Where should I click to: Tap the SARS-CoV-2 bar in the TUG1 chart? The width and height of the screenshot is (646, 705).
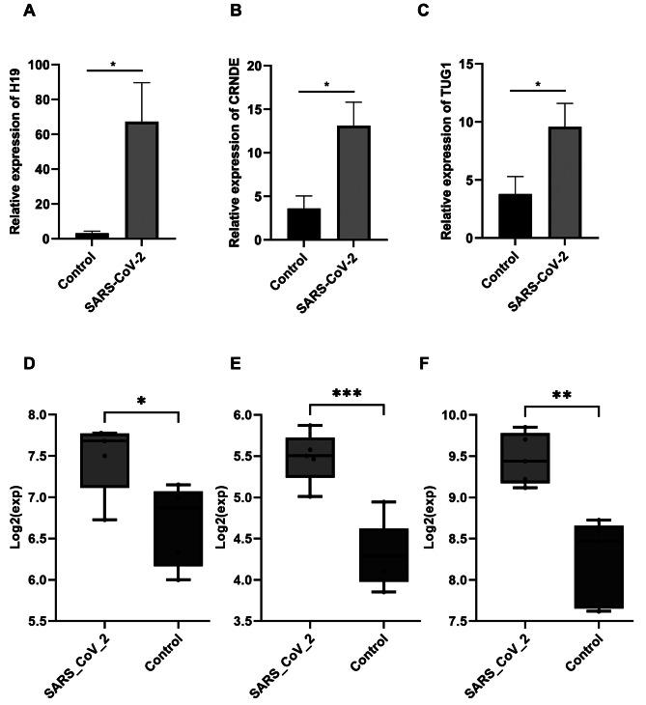tap(565, 183)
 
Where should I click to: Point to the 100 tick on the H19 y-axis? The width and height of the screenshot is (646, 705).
tap(42, 66)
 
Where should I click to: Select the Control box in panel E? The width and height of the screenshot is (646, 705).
tap(384, 554)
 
